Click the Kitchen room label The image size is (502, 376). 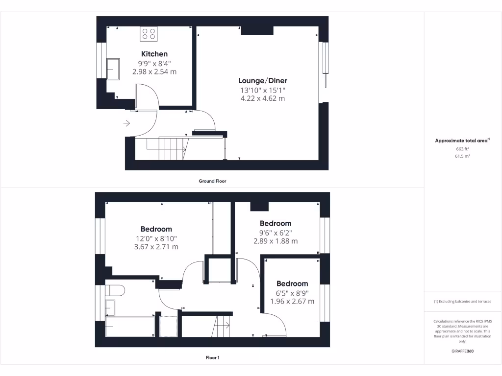[x=154, y=54]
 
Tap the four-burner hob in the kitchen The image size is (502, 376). [x=149, y=33]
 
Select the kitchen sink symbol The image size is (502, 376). [x=113, y=68]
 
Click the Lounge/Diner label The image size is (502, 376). [x=263, y=81]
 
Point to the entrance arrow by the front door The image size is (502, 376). [x=126, y=123]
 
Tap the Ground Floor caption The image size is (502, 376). [x=212, y=181]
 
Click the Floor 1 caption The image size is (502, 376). [x=212, y=358]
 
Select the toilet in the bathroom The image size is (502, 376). [x=115, y=290]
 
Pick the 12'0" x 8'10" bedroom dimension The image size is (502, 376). [x=156, y=238]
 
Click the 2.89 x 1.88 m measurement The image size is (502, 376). [x=276, y=241]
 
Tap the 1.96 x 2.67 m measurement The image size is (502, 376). [x=292, y=301]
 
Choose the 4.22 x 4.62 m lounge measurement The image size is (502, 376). [x=262, y=98]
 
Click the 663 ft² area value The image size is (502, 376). [x=462, y=148]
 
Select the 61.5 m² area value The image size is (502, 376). [x=462, y=156]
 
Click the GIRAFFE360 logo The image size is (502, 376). [x=462, y=351]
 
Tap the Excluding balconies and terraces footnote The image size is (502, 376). [x=462, y=302]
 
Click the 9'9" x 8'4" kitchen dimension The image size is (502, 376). [x=154, y=63]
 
